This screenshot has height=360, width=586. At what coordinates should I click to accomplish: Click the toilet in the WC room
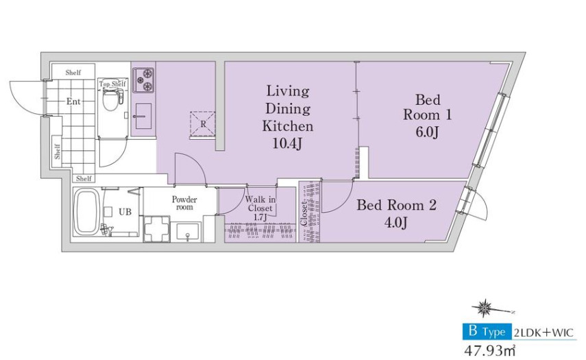(x=110, y=98)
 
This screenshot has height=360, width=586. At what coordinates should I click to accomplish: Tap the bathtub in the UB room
(x=86, y=212)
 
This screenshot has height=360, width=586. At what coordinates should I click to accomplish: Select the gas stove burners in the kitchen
(x=143, y=80)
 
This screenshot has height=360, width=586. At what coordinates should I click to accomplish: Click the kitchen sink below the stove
(x=142, y=115)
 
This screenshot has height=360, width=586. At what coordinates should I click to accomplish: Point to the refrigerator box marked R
(x=203, y=123)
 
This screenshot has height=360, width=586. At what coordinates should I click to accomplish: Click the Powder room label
(x=184, y=203)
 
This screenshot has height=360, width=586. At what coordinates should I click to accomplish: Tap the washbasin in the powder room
(x=188, y=232)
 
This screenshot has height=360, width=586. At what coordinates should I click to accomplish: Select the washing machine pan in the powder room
(x=157, y=228)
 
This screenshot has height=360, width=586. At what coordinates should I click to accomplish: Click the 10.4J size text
(x=287, y=143)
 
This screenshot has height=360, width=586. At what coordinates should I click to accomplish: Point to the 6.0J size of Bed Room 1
(x=428, y=132)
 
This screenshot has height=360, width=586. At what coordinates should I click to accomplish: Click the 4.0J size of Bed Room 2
(x=395, y=223)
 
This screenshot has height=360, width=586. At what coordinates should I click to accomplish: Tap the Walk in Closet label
(x=260, y=204)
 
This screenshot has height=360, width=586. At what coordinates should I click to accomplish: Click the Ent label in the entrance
(x=73, y=101)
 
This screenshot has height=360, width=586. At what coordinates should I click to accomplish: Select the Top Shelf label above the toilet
(x=112, y=84)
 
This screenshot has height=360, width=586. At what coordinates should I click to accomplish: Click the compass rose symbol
(x=486, y=308)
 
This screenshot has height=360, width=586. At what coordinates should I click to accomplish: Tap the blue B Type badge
(x=487, y=332)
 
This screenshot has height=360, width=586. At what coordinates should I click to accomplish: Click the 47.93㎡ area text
(x=489, y=351)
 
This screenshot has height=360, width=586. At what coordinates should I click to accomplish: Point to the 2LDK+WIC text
(x=544, y=333)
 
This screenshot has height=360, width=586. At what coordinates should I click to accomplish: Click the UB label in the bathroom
(x=125, y=212)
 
